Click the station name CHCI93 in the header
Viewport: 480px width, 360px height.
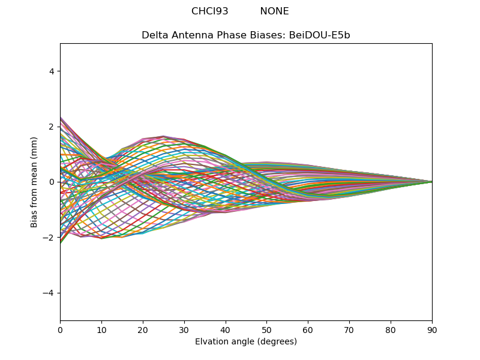point(209,11)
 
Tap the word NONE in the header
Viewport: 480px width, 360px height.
point(274,11)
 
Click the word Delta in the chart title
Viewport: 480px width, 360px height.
point(154,35)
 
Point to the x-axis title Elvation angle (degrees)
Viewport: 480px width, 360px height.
point(246,341)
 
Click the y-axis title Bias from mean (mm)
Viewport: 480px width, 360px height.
point(35,181)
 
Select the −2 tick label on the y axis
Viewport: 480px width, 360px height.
point(49,237)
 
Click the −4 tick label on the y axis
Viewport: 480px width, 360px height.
point(49,293)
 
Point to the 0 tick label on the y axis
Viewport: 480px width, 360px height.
point(52,182)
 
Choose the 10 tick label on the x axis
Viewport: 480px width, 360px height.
point(101,329)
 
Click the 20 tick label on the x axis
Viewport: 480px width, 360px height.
point(143,329)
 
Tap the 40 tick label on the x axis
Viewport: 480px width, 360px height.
point(226,329)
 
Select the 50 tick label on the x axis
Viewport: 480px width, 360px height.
point(266,329)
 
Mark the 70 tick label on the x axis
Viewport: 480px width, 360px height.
point(349,329)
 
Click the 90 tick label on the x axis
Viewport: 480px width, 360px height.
point(432,329)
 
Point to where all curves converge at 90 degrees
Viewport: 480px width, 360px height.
point(431,182)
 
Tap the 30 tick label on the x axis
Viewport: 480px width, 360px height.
point(184,329)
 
